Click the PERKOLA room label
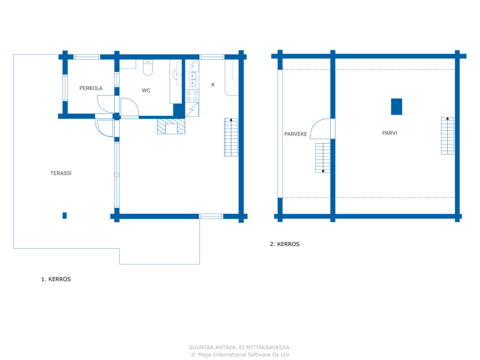click(x=91, y=88)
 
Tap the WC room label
click(x=146, y=90)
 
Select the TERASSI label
click(x=61, y=173)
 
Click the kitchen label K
click(x=213, y=85)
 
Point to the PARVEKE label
click(x=295, y=134)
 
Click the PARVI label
click(x=390, y=133)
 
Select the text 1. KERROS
click(x=56, y=279)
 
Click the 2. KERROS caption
click(x=285, y=244)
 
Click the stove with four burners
click(x=192, y=96)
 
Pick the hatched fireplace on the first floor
click(x=171, y=126)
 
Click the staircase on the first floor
click(x=231, y=137)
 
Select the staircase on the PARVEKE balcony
click(x=323, y=158)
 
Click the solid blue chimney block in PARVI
click(x=396, y=106)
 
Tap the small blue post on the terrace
click(x=64, y=215)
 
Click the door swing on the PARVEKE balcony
click(x=321, y=129)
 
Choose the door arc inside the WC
click(x=129, y=107)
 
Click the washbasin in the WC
click(x=177, y=74)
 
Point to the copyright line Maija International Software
click(x=240, y=355)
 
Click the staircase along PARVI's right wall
click(x=447, y=136)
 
